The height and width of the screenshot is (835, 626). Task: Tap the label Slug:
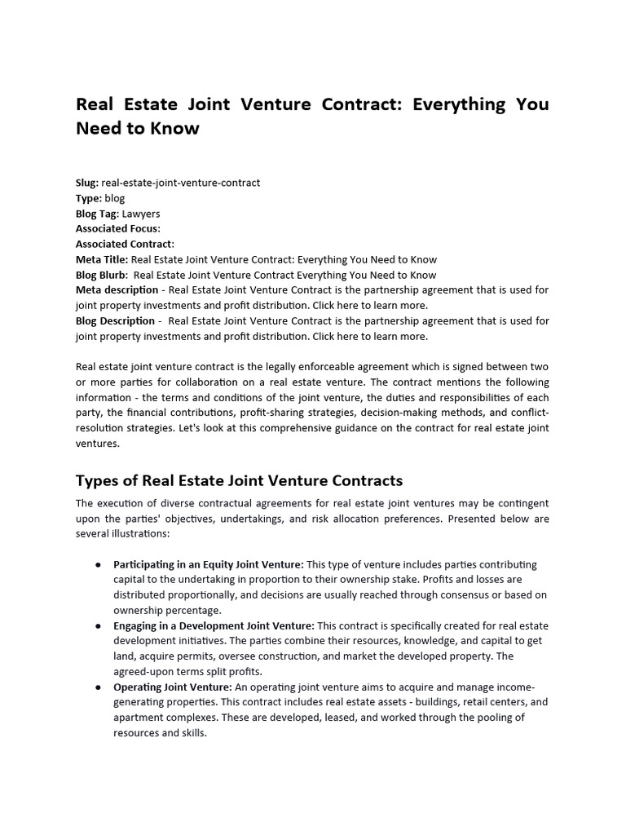(x=87, y=183)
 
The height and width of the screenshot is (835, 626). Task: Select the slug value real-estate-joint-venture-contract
(x=181, y=183)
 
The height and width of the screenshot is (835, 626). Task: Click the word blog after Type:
(x=115, y=198)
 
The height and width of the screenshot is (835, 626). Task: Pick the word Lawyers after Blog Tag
(x=141, y=214)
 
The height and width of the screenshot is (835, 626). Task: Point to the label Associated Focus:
(x=118, y=229)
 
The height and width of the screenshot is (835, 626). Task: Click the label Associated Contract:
(x=125, y=244)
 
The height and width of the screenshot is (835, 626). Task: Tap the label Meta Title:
(x=102, y=259)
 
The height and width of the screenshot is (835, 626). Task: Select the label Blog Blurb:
(x=101, y=275)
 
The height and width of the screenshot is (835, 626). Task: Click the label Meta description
(x=117, y=289)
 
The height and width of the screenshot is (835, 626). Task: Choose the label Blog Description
(x=115, y=320)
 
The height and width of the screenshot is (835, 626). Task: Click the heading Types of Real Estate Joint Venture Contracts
(x=239, y=480)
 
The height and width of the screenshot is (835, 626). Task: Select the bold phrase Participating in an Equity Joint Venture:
(x=209, y=564)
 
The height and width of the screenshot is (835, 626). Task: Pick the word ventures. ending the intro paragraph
(x=97, y=444)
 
